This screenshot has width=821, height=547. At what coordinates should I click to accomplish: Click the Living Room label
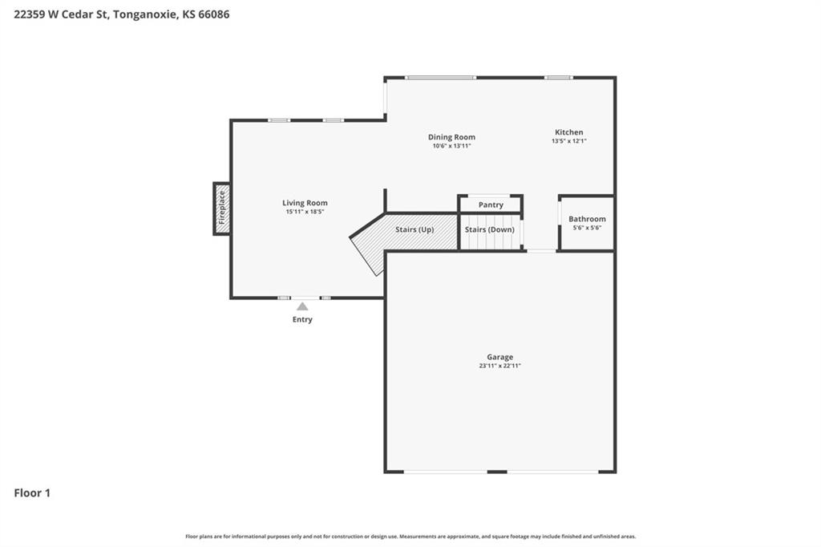pyautogui.click(x=305, y=203)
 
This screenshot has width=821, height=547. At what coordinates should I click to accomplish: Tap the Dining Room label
pyautogui.click(x=451, y=137)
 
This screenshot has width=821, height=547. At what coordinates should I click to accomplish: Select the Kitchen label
pyautogui.click(x=568, y=132)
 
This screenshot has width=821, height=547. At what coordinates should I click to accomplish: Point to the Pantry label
pyautogui.click(x=491, y=205)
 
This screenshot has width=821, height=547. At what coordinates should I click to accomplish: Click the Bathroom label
pyautogui.click(x=587, y=219)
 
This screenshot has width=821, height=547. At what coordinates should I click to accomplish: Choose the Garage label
pyautogui.click(x=499, y=357)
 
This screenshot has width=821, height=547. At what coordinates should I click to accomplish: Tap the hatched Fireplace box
pyautogui.click(x=221, y=209)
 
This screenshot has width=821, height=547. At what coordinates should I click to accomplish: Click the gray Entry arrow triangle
pyautogui.click(x=302, y=306)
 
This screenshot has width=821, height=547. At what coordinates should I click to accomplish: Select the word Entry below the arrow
pyautogui.click(x=302, y=319)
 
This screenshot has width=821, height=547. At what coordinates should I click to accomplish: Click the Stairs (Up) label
pyautogui.click(x=415, y=229)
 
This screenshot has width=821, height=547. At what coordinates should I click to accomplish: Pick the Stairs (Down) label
pyautogui.click(x=490, y=229)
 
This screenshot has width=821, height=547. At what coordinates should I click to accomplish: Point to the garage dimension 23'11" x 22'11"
pyautogui.click(x=499, y=366)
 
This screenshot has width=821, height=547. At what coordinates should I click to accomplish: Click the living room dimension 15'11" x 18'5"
pyautogui.click(x=305, y=212)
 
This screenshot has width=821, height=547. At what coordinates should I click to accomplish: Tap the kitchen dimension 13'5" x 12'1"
pyautogui.click(x=568, y=141)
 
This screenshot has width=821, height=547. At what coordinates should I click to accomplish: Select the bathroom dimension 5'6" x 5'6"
pyautogui.click(x=587, y=228)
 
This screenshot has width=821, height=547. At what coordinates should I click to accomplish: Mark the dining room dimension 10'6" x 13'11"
pyautogui.click(x=451, y=146)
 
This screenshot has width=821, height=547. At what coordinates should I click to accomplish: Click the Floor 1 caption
pyautogui.click(x=32, y=493)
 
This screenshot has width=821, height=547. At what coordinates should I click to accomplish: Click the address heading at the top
pyautogui.click(x=122, y=14)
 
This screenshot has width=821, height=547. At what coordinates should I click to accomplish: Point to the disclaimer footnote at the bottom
pyautogui.click(x=410, y=537)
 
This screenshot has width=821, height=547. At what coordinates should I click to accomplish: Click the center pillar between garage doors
pyautogui.click(x=497, y=472)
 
